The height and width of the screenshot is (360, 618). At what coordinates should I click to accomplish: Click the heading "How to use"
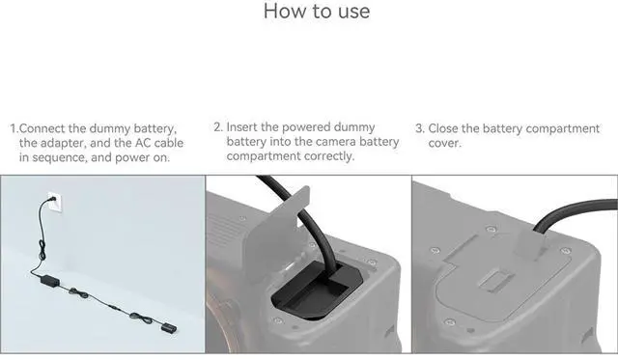pos(317,11)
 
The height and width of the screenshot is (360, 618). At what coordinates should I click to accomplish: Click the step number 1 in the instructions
pos(14,128)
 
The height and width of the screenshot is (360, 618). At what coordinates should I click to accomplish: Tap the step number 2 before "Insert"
pos(217,126)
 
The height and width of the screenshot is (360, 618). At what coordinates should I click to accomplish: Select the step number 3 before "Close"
pos(419,128)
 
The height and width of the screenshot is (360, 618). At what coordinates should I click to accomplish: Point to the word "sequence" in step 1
pos(59,158)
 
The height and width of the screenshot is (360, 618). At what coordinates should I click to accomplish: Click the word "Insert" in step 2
pos(241,126)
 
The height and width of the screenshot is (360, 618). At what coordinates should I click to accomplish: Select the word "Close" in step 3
pos(443,128)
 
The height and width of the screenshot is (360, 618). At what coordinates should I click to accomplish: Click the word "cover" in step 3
pos(443,144)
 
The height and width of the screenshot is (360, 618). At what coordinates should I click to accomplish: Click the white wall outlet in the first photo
pos(55,203)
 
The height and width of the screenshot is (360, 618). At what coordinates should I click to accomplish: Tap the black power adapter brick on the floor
pos(50,281)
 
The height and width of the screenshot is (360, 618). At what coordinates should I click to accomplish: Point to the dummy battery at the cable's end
pos(169,328)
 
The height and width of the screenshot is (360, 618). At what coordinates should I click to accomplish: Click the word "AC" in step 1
pos(143,143)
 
